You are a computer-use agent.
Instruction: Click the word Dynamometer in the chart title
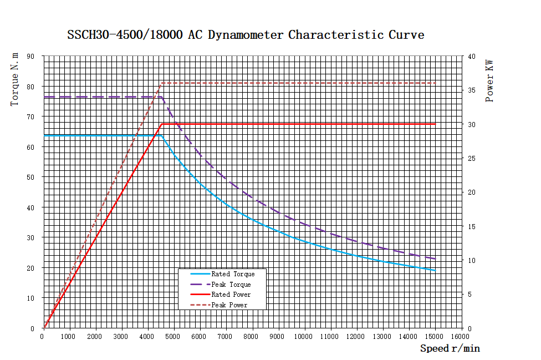pos(247,35)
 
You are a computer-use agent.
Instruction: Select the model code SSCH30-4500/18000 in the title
pos(126,35)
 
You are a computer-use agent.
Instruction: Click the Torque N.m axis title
pos(15,79)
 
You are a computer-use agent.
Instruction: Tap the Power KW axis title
pos(489,81)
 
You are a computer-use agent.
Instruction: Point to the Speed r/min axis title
pos(450,348)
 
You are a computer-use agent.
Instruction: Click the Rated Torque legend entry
pos(233,274)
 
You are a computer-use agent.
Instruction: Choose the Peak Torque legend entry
pos(231,285)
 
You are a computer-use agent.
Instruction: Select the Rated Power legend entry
pos(231,295)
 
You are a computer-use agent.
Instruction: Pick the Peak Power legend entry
pos(229,305)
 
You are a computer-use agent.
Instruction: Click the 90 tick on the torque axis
pos(31,56)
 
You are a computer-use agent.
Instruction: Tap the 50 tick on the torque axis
pos(31,177)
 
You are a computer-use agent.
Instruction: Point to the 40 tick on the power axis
pos(471,56)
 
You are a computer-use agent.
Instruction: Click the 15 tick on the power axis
pos(471,226)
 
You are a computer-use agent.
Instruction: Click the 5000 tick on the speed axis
pos(174,336)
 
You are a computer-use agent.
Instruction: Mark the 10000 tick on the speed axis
pos(304,336)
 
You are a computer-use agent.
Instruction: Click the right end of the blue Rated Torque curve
pos(435,270)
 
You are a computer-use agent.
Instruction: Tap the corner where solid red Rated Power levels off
pos(161,124)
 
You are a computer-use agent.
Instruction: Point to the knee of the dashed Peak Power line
pos(161,83)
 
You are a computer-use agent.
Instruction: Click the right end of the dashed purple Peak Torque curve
pos(435,259)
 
